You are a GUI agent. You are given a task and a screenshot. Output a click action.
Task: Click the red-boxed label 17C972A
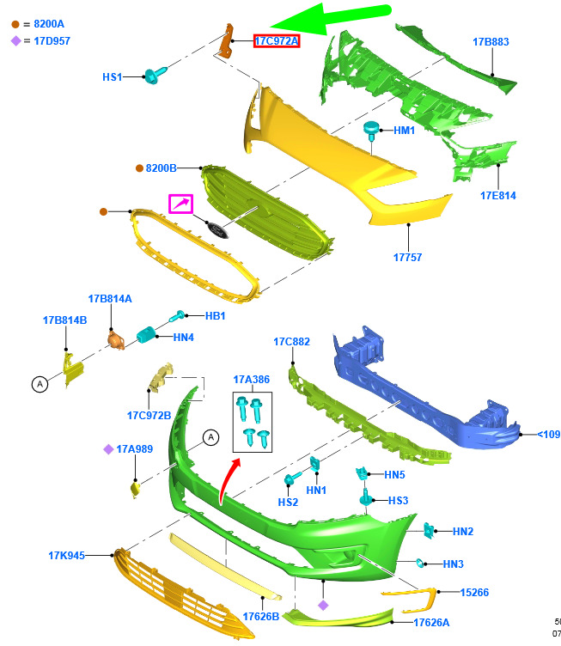[276, 41]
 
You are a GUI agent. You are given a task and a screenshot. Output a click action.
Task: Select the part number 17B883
[491, 41]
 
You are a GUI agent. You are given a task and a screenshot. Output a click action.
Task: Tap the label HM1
[404, 131]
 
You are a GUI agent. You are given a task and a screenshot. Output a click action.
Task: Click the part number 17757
[408, 256]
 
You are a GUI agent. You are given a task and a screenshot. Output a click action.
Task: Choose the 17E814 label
[497, 196]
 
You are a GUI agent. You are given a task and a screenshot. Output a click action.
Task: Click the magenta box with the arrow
[180, 204]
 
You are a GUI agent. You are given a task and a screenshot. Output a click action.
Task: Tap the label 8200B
[161, 168]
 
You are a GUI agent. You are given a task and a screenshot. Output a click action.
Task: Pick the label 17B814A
[110, 299]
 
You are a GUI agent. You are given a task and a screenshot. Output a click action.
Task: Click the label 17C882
[291, 342]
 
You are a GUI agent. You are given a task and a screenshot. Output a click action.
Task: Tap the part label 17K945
[66, 556]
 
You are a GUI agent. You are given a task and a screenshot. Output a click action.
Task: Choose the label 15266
[474, 593]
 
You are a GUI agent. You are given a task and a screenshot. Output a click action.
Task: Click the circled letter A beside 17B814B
[40, 385]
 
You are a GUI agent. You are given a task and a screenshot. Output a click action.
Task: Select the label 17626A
[431, 623]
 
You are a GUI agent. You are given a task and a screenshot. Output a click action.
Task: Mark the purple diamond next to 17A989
[109, 448]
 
